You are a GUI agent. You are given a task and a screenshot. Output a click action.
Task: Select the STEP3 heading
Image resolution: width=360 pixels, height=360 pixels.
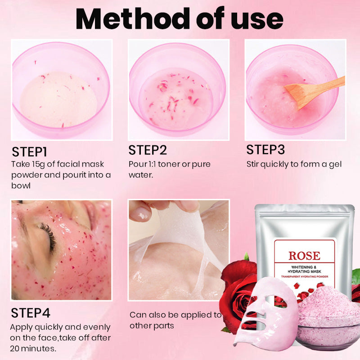tap(265, 149)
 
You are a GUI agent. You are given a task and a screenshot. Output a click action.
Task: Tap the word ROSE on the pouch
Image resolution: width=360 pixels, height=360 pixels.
tap(304, 256)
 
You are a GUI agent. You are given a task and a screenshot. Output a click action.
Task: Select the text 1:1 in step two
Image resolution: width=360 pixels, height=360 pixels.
tap(154, 164)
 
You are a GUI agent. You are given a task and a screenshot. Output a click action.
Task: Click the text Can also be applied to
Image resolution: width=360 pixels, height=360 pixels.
tap(175, 315)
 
